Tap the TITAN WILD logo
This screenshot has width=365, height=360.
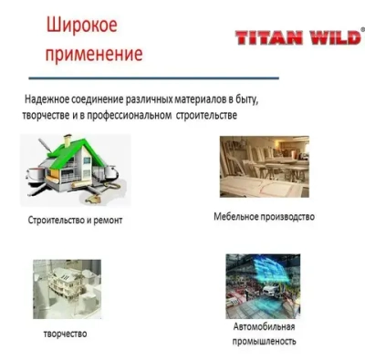[x=297, y=37]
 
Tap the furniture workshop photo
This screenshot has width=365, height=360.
[x=264, y=167]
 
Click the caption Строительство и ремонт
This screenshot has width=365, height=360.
[x=74, y=221]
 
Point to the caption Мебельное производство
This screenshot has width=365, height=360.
[x=264, y=217]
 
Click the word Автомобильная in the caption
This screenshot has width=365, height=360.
[x=263, y=326]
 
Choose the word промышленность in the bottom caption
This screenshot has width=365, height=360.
[x=263, y=341]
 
